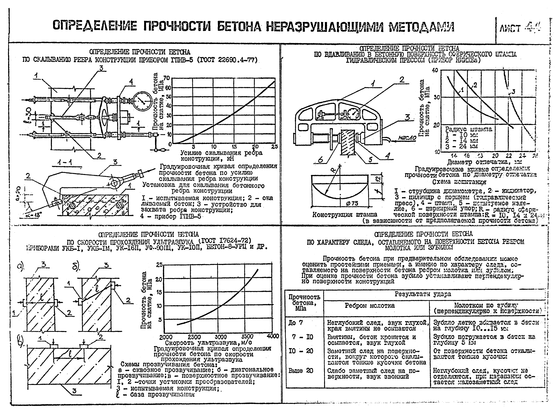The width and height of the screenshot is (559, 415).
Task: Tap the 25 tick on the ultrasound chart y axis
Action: click(x=159, y=265)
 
